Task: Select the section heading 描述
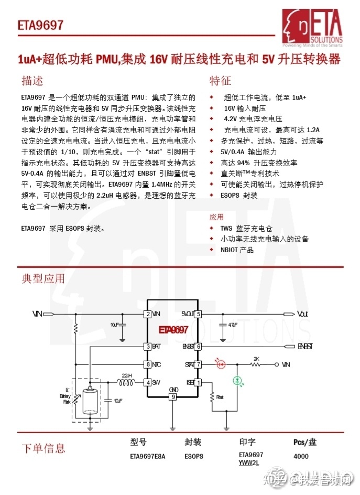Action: pos(32,81)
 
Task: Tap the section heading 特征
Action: pos(220,81)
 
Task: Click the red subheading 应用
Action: pos(216,217)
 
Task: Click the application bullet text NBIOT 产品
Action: pos(237,250)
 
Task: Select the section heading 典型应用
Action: pos(43,278)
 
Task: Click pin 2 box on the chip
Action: pos(148,314)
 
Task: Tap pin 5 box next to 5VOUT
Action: pos(198,314)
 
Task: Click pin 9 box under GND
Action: pos(173,397)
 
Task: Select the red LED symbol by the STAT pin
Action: pos(221,363)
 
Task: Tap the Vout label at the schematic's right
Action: pos(302,314)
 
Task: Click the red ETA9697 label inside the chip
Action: pos(173,330)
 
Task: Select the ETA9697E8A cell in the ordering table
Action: pos(147,456)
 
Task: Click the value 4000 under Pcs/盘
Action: pos(301,456)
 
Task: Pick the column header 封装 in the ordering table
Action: pos(193,442)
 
